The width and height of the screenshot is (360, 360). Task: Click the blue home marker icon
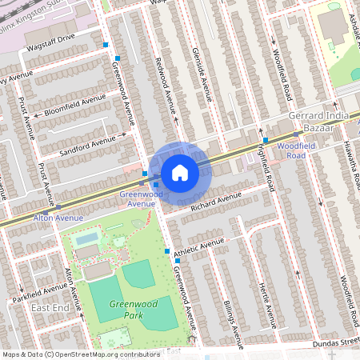[180, 172]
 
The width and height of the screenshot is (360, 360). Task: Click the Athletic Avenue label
[199, 249]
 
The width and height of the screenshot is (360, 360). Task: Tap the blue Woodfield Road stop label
[302, 150]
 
